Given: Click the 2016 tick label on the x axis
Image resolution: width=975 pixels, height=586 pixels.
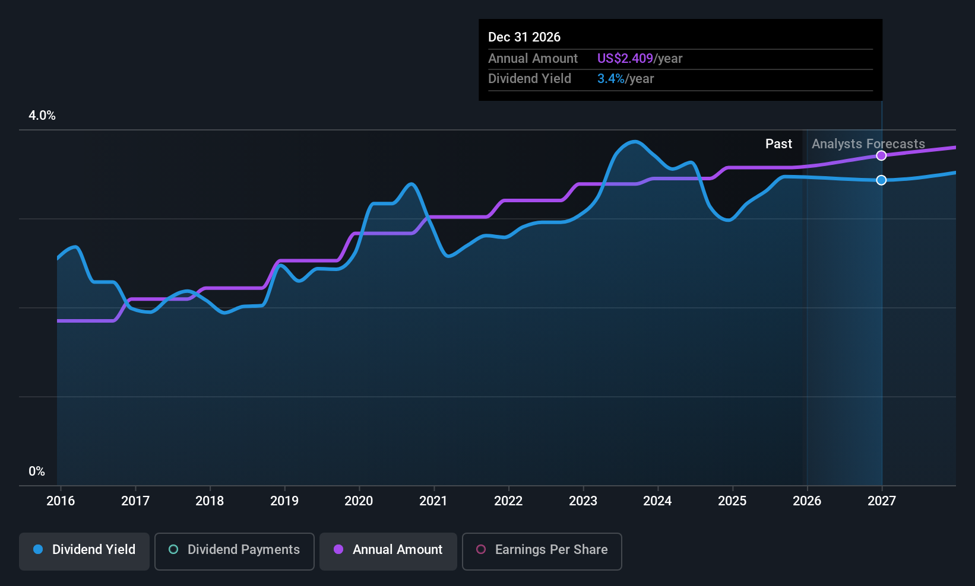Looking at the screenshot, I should (x=61, y=501).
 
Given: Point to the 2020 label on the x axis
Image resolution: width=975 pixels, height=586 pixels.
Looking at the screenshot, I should (x=359, y=501).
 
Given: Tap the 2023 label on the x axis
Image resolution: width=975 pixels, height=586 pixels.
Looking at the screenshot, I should (x=583, y=501).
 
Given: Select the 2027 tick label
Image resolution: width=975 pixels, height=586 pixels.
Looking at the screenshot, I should (x=881, y=501).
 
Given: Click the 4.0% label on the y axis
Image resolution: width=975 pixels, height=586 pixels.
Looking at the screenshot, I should (x=42, y=116).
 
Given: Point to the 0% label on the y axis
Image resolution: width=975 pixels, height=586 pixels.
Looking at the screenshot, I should (x=37, y=472).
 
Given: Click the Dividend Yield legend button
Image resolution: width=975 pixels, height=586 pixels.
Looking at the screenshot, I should (x=84, y=550).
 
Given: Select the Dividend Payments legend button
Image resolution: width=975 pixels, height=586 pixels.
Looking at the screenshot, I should (x=234, y=550).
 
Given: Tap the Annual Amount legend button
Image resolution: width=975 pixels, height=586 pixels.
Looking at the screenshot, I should (x=388, y=550).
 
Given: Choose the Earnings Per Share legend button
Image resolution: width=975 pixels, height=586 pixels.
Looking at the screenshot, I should (x=542, y=550).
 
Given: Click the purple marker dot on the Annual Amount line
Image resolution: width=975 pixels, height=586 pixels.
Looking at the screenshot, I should (x=881, y=155).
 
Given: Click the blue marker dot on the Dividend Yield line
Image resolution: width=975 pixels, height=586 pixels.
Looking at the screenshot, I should (x=881, y=180).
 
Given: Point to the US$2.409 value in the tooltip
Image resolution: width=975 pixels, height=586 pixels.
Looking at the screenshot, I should (x=625, y=59).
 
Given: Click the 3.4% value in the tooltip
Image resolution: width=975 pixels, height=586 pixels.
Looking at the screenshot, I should (x=610, y=79).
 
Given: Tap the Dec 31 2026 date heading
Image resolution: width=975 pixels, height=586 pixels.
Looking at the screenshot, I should (x=524, y=37).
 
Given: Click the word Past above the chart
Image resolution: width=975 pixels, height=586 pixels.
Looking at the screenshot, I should (x=778, y=144).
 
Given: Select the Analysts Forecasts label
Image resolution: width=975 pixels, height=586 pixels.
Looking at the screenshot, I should (x=868, y=144).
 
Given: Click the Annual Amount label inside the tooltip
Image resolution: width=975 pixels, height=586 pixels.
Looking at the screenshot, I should (x=533, y=59).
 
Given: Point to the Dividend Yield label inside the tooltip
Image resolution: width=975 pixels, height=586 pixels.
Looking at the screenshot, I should (x=529, y=79).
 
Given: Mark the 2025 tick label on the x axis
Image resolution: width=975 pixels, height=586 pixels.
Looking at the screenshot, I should (x=732, y=501).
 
